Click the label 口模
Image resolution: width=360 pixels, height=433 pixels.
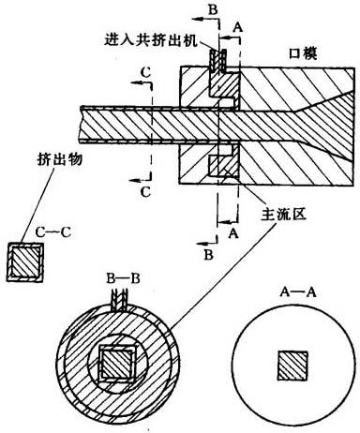point(302,53)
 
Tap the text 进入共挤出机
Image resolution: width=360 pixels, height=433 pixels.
point(151,40)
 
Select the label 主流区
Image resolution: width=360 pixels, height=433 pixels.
point(284,215)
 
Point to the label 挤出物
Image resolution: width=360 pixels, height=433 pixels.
point(60,159)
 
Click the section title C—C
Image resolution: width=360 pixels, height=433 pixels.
point(52,232)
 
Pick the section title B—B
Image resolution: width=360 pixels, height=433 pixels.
point(123,278)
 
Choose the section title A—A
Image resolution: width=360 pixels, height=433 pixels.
point(298,292)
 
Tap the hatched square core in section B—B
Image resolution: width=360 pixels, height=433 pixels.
point(117,364)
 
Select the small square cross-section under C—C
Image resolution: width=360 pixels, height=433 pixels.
point(25,262)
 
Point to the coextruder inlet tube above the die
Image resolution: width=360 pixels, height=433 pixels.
point(217,60)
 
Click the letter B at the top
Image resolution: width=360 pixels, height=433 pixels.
point(213,9)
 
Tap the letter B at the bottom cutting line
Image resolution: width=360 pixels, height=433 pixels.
point(209,255)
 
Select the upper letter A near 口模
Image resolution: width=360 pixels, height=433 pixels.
point(238,28)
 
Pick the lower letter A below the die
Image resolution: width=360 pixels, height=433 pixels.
point(233,232)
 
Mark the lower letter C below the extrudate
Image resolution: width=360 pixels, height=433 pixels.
point(145,192)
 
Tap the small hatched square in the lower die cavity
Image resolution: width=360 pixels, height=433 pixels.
point(219,166)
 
